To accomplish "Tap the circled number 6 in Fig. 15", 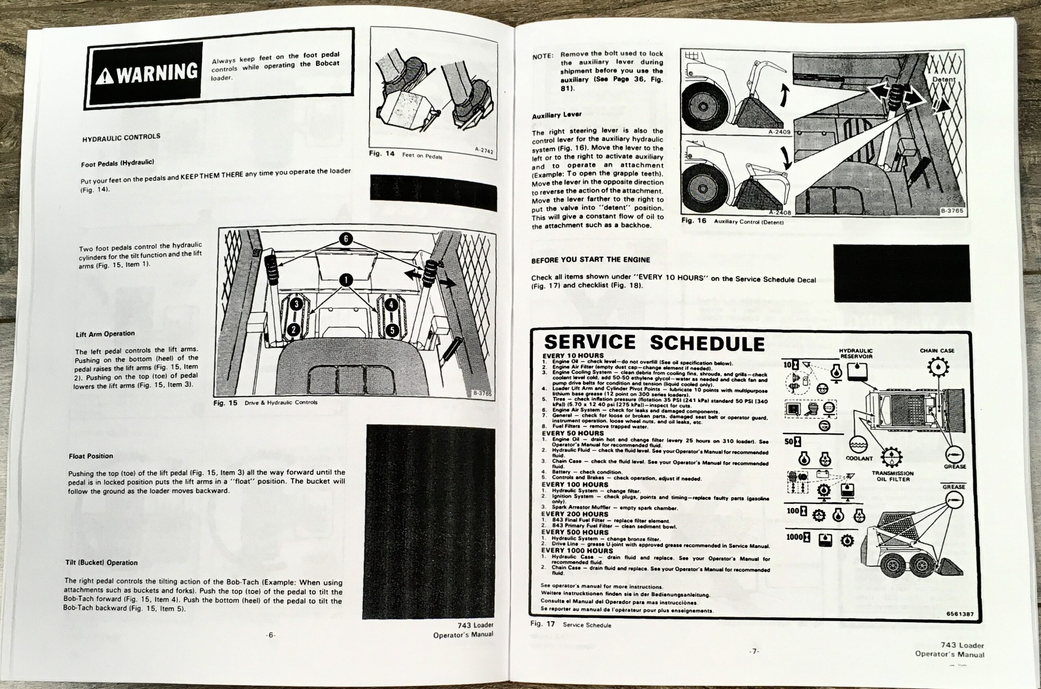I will click(346, 239).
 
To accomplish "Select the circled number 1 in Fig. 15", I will click(346, 280).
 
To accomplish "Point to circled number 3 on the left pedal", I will click(296, 304).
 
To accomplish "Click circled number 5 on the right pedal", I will click(392, 329).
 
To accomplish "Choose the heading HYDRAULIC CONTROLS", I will click(121, 137).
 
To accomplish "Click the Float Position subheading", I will click(91, 456).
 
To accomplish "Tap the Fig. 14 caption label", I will click(382, 154).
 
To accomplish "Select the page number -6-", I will click(271, 635).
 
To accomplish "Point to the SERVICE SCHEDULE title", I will click(654, 343).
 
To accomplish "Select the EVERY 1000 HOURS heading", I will click(577, 551).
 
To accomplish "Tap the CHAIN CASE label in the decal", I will click(937, 351).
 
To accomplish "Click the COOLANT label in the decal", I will click(859, 458).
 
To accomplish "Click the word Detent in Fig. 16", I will click(943, 80).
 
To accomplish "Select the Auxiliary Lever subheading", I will click(557, 115).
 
